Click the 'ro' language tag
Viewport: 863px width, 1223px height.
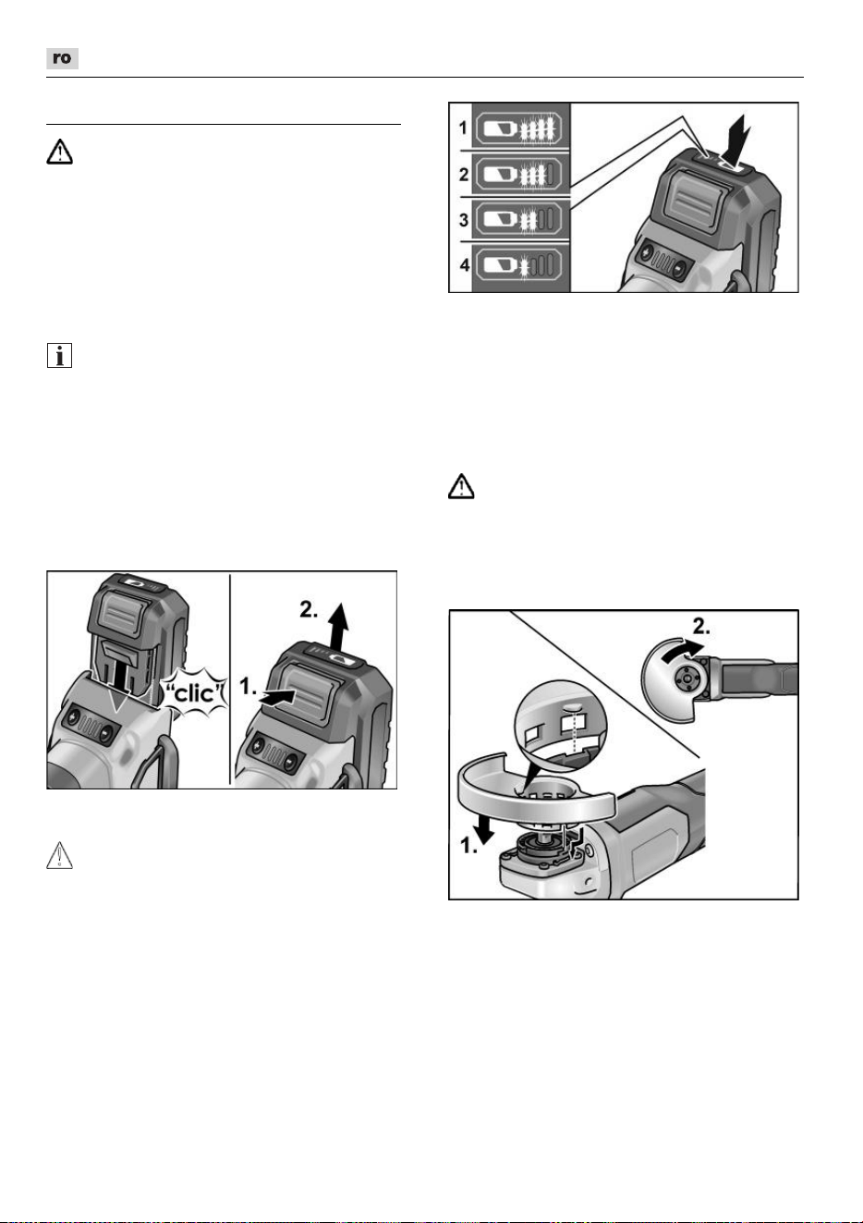coord(62,58)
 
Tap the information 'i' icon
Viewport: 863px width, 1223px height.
coord(59,356)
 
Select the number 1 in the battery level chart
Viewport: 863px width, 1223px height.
coord(464,128)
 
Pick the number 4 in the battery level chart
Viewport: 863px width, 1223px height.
coord(465,265)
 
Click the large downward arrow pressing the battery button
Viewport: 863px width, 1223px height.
coord(738,140)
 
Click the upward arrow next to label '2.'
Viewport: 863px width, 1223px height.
coord(339,628)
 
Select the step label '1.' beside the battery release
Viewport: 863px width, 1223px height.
coord(248,686)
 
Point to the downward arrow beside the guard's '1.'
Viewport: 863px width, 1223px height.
coord(483,827)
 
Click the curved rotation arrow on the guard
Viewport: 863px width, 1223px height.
coord(681,650)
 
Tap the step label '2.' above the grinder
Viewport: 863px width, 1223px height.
coord(701,628)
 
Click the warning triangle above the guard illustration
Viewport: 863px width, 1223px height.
coord(461,486)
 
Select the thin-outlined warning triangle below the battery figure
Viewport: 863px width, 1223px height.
coord(59,855)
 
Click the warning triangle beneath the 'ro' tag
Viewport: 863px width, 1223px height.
coord(59,152)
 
